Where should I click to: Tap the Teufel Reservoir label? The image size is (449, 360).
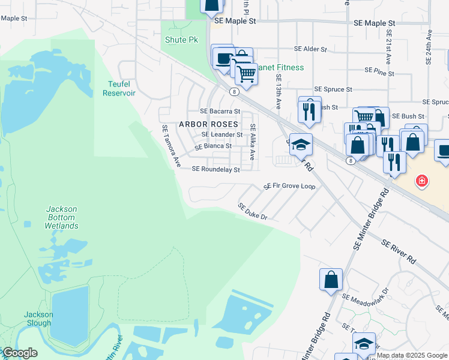pos(119,89)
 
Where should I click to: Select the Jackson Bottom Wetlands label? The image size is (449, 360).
pos(61,217)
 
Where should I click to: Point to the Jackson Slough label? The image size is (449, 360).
pos(38,319)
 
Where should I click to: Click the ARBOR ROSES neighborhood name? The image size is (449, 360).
pos(208,124)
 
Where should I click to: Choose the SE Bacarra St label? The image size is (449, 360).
pos(220,111)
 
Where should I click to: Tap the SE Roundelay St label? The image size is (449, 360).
pos(215,170)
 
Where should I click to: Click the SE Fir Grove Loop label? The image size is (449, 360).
pos(289,187)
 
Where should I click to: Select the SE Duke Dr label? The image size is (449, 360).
pos(252,211)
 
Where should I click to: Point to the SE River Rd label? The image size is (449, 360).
pos(399,251)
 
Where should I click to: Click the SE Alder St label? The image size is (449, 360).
pos(310,49)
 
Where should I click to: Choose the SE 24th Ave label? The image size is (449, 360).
pos(429,45)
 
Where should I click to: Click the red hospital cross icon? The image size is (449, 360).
pos(422,180)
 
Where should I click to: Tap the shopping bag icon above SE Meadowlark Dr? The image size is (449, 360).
pos(331,280)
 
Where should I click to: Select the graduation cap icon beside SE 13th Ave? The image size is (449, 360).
pos(301,145)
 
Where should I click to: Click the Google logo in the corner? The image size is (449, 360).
pos(20,353)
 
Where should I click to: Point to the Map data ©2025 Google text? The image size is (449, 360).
pos(412,355)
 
